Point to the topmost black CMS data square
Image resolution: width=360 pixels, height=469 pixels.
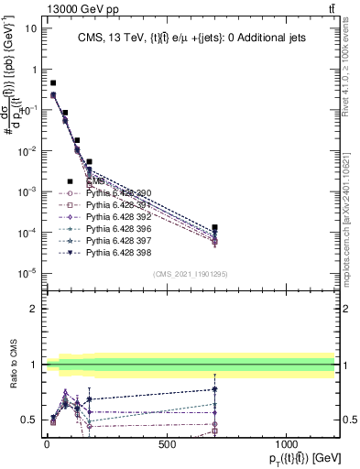[x=53, y=82]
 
